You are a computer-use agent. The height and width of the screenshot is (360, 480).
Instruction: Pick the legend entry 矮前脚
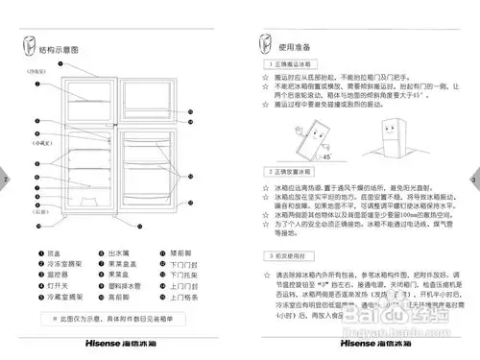(182, 252)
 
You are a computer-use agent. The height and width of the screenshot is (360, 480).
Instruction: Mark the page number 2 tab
(6, 180)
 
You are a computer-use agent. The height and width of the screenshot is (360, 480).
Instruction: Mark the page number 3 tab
(473, 180)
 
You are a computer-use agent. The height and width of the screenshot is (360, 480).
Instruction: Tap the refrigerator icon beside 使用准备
(268, 46)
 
